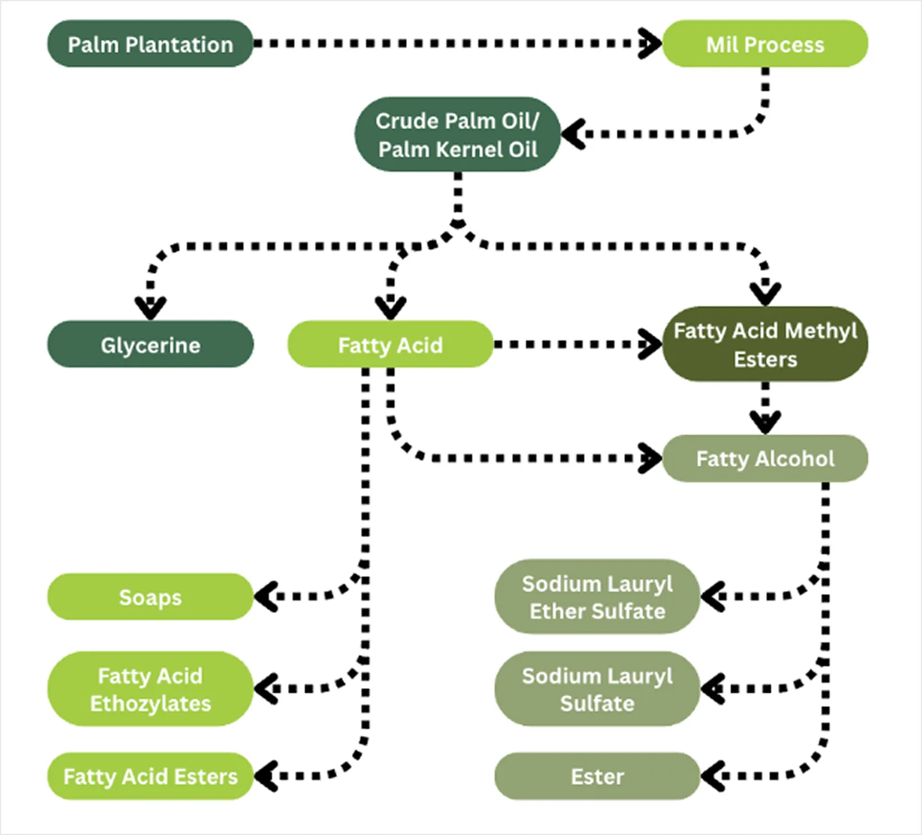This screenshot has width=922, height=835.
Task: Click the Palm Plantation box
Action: click(150, 44)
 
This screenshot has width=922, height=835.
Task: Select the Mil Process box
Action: click(765, 44)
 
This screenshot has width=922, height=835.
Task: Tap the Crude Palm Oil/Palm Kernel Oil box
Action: click(457, 135)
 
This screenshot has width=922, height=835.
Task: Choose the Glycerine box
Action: click(150, 344)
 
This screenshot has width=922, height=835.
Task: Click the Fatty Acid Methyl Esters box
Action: click(765, 344)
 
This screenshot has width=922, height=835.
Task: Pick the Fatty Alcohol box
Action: click(765, 459)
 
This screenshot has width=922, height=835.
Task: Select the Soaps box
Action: click(150, 597)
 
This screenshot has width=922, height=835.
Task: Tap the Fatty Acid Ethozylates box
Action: click(150, 689)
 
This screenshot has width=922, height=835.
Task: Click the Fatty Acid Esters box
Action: click(150, 777)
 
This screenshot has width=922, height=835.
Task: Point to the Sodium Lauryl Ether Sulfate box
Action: click(597, 597)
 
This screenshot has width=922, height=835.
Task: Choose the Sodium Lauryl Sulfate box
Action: click(597, 689)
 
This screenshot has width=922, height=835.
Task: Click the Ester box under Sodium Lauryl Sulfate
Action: click(597, 777)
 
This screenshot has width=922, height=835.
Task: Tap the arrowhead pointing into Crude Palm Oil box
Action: click(572, 134)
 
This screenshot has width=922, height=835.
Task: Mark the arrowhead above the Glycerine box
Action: click(150, 308)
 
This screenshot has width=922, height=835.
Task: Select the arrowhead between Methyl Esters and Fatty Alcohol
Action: click(765, 421)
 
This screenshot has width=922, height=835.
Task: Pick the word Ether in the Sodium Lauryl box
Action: click(554, 611)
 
